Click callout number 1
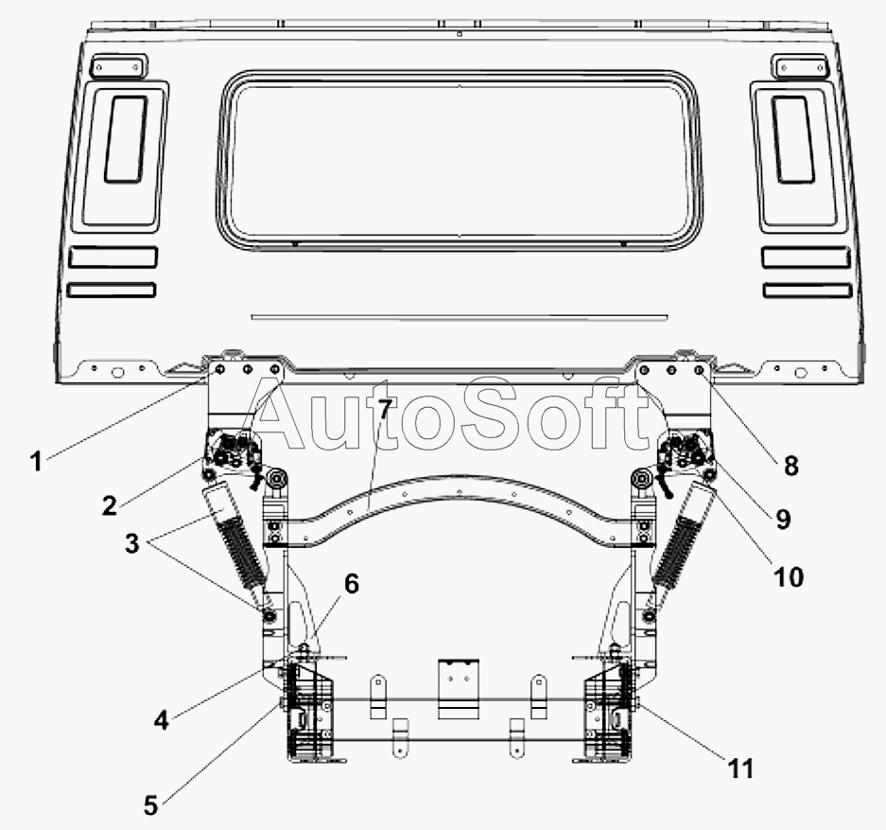pos(36,461)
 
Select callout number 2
pos(109,504)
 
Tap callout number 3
pos(131,543)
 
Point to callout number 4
pos(161,720)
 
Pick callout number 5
pos(150,805)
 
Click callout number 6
pos(352,584)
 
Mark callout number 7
pos(384,408)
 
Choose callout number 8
pos(791,466)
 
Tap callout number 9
pos(783,519)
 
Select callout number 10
pos(789,577)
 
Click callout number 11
pos(740,768)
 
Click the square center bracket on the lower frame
pos(459,689)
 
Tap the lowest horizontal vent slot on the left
pos(112,290)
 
